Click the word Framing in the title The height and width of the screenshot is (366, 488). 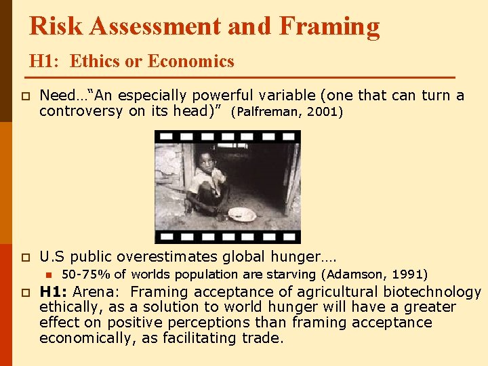[x=329, y=26]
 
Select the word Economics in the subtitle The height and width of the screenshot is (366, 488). [x=191, y=62]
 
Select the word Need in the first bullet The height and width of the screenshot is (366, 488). [x=54, y=96]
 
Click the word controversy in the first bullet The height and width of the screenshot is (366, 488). [x=82, y=111]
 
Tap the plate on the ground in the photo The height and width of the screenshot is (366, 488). [x=241, y=214]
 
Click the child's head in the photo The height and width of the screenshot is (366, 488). [x=204, y=161]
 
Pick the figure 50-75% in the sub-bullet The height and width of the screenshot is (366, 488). [x=85, y=274]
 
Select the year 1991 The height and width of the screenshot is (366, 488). [x=409, y=274]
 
